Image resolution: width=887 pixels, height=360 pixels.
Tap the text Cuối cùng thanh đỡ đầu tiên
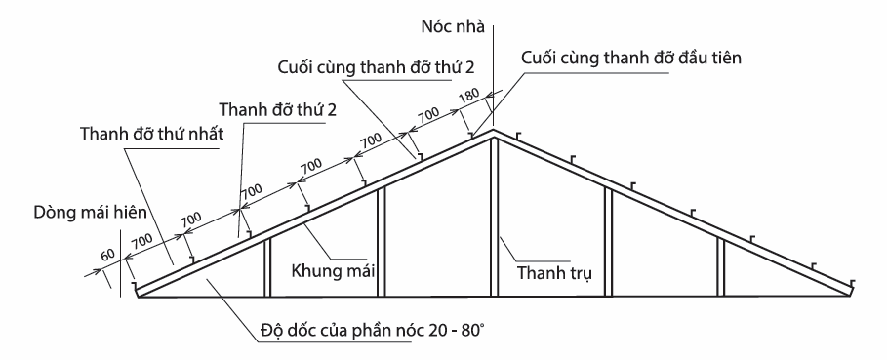631,58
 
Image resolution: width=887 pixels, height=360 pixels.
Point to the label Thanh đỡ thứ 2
278,108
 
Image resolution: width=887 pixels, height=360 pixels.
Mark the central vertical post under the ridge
496,215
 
